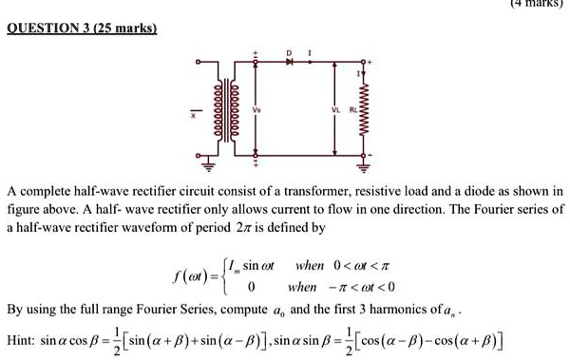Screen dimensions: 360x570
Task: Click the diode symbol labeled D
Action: [x=291, y=62]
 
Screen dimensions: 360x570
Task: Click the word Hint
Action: [x=20, y=339]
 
